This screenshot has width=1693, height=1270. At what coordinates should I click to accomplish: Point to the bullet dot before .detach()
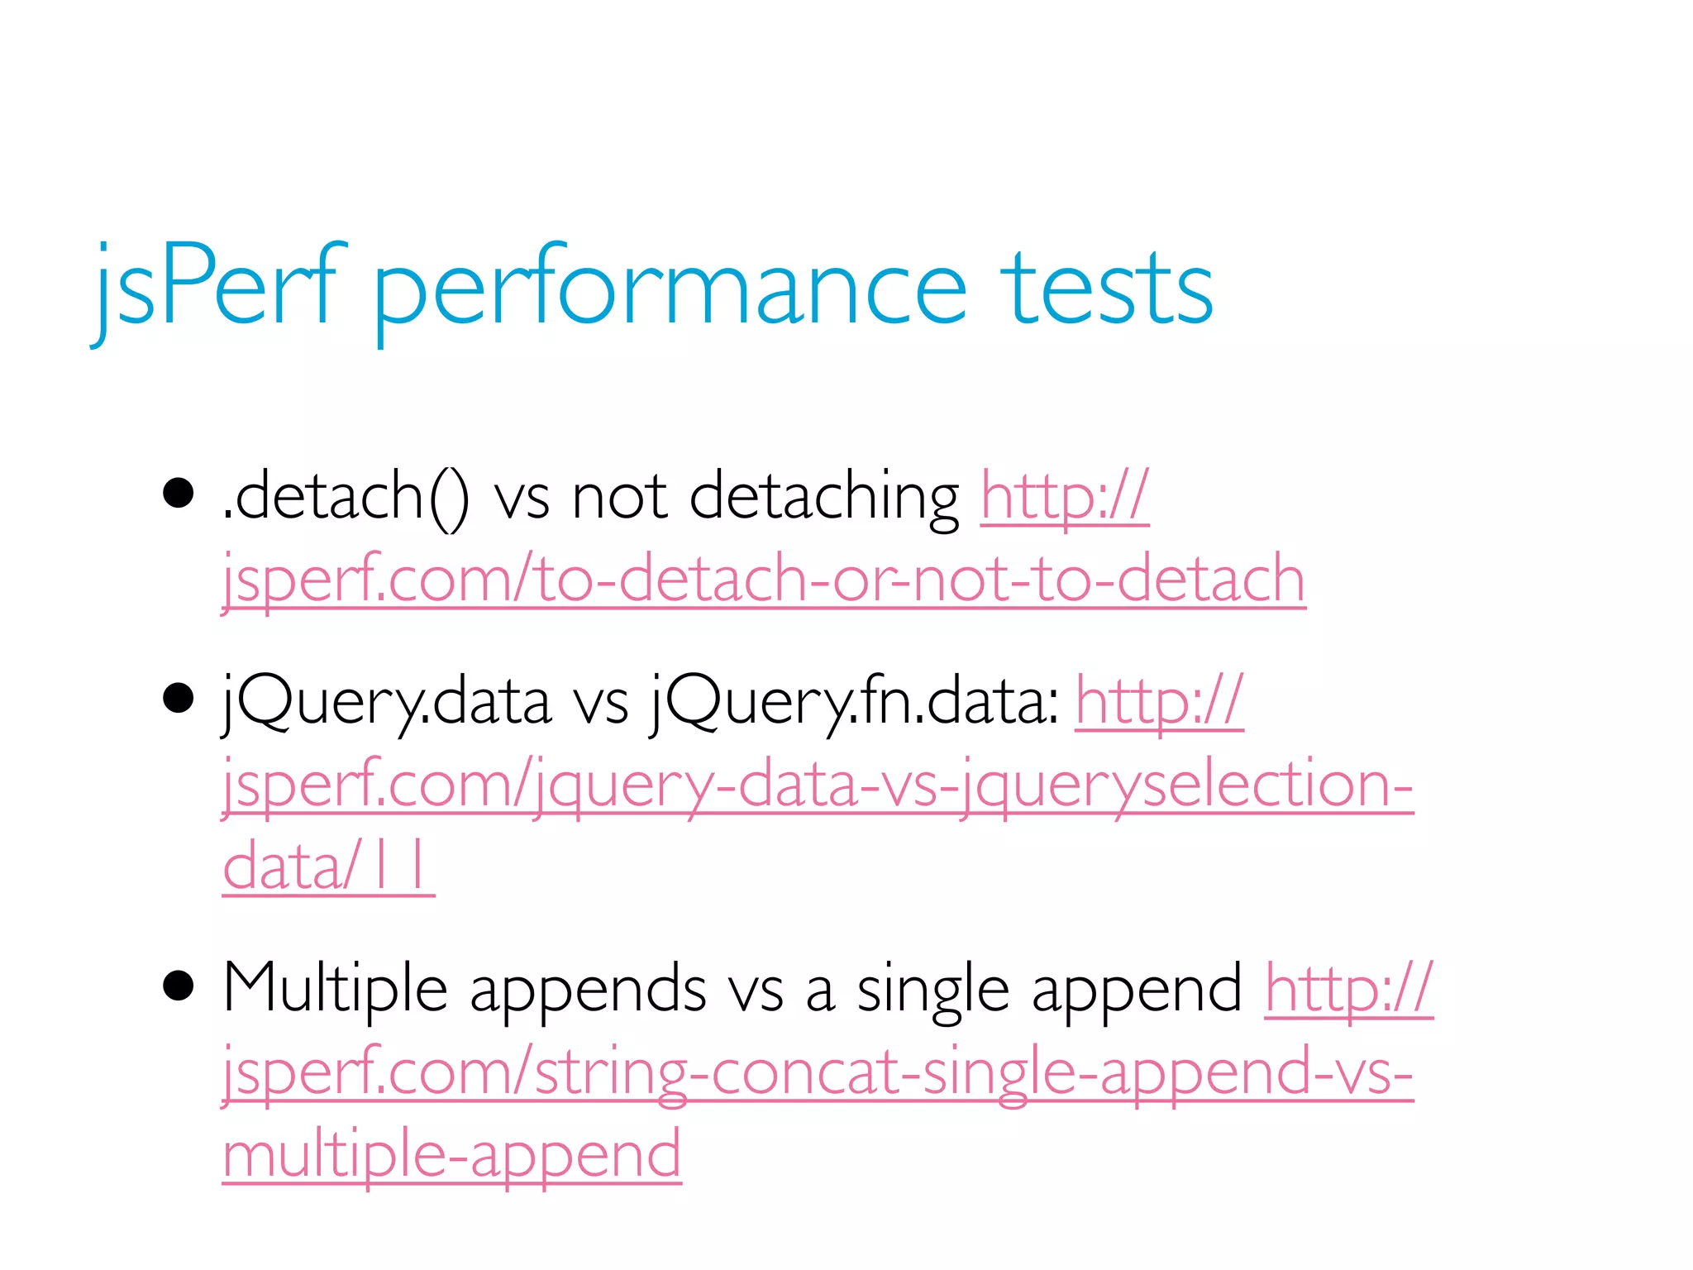click(x=179, y=494)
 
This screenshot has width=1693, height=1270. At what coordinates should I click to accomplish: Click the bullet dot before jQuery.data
click(x=179, y=699)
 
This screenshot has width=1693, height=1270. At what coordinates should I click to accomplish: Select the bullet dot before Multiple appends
click(x=179, y=986)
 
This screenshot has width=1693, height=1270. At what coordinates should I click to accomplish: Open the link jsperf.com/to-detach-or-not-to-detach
click(x=764, y=579)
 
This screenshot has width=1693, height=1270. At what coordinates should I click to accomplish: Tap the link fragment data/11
click(x=328, y=867)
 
